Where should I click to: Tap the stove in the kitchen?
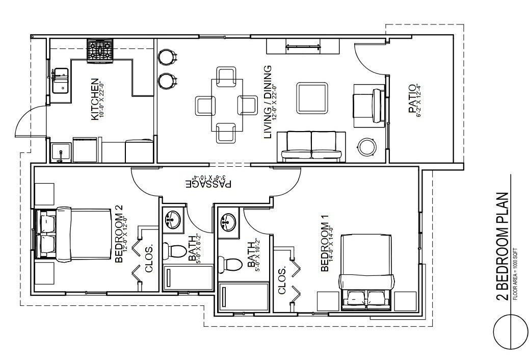(x=100, y=51)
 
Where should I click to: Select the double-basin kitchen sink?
(x=60, y=81)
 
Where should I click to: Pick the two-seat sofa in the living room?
(x=311, y=146)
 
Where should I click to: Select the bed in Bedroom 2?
(x=74, y=234)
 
